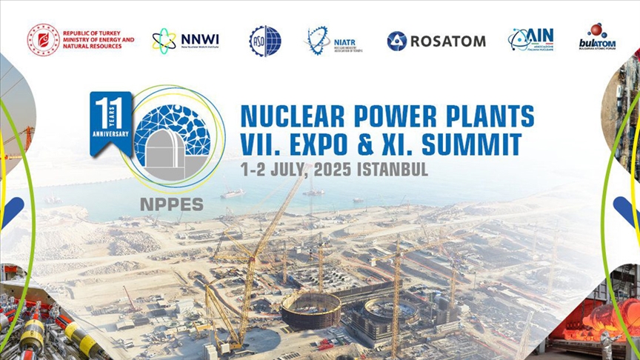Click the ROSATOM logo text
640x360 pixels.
[447, 41]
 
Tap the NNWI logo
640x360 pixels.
[186, 39]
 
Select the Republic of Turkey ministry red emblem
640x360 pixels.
[44, 39]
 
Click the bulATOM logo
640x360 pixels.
[598, 39]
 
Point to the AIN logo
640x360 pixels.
[531, 39]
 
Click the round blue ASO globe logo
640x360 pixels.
[265, 41]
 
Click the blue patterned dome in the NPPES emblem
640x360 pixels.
[171, 127]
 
